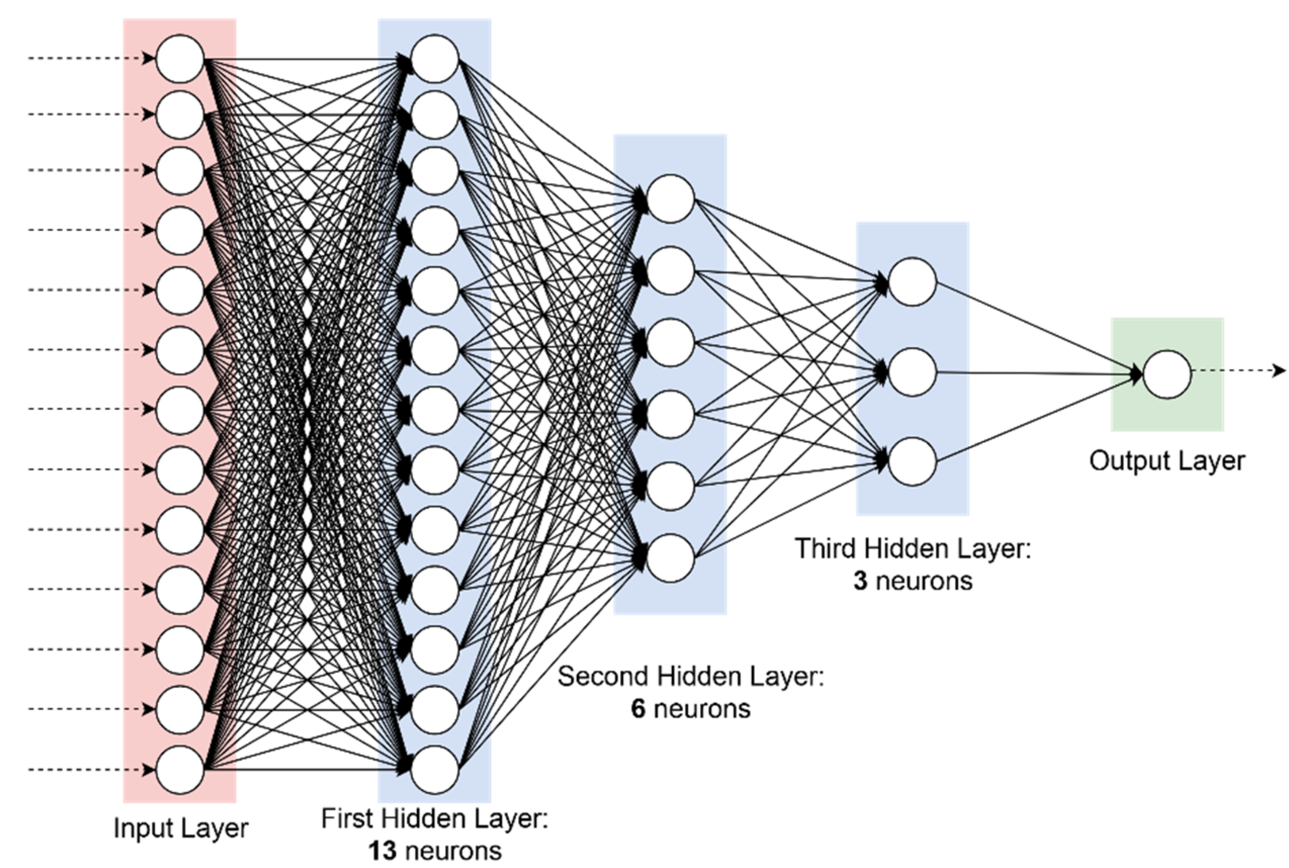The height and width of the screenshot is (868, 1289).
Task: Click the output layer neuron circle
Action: [1167, 374]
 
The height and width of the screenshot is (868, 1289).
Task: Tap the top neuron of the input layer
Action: [180, 59]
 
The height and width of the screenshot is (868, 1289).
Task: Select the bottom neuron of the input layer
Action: [180, 769]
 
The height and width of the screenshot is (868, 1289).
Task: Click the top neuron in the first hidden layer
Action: [435, 59]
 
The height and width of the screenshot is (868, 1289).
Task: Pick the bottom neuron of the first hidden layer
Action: [435, 769]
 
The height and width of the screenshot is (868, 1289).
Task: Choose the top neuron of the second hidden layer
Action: [670, 199]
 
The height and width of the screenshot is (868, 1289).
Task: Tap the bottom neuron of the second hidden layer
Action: [670, 558]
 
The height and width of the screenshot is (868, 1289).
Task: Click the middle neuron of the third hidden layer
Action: [912, 372]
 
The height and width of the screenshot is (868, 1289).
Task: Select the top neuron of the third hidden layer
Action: [912, 282]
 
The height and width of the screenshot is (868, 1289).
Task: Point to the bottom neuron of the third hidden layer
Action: [912, 462]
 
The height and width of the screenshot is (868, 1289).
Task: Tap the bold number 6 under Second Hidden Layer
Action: [638, 709]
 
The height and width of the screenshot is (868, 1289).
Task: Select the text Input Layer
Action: [181, 829]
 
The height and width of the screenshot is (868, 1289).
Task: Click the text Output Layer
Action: [1167, 461]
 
